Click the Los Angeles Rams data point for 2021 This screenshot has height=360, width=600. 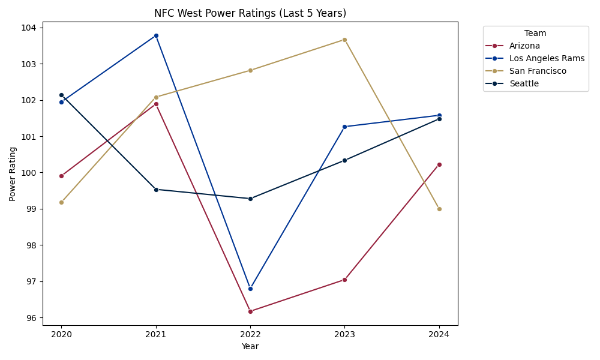(x=156, y=35)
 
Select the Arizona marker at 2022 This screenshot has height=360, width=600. (x=250, y=311)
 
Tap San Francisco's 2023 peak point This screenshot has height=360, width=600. (x=344, y=40)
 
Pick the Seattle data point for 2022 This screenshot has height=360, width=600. (x=250, y=199)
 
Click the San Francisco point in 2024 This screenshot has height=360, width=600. (x=439, y=209)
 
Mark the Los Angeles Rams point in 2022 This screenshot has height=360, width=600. (x=250, y=289)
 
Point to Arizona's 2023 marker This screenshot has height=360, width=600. (x=344, y=280)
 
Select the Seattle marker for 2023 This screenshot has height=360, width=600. (x=344, y=160)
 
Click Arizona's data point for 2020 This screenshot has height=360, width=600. (x=61, y=176)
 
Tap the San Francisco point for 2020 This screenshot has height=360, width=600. (x=61, y=202)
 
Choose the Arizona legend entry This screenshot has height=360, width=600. (x=524, y=46)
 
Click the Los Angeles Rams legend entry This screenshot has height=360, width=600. (x=546, y=58)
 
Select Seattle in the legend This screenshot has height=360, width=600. (x=524, y=83)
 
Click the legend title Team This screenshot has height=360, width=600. (x=535, y=34)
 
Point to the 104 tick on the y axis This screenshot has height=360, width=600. (x=30, y=28)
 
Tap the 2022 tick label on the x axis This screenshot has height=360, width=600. (x=250, y=334)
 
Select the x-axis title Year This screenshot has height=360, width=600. (x=250, y=346)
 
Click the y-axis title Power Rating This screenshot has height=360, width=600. (x=13, y=174)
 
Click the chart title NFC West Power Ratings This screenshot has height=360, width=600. (x=250, y=13)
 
